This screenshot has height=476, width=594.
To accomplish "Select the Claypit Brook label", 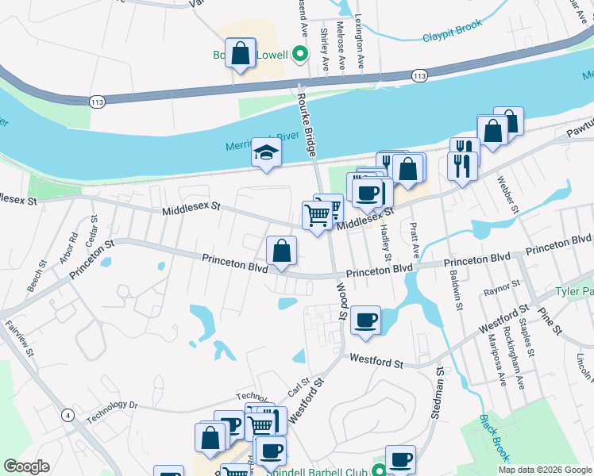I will [452, 36].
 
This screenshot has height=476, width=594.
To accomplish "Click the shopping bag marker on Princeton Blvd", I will [281, 251].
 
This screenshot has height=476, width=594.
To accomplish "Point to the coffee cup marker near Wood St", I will [365, 321].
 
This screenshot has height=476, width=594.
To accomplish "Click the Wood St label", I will [342, 301].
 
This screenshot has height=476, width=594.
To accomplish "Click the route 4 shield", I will [68, 415].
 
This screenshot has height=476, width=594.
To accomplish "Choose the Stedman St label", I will [438, 392].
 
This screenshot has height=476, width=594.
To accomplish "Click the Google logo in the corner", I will [26, 466].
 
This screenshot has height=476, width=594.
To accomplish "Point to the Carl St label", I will [299, 386].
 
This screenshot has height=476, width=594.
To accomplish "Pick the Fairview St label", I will [16, 336].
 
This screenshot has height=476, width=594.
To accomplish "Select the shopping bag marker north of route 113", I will [240, 54].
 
